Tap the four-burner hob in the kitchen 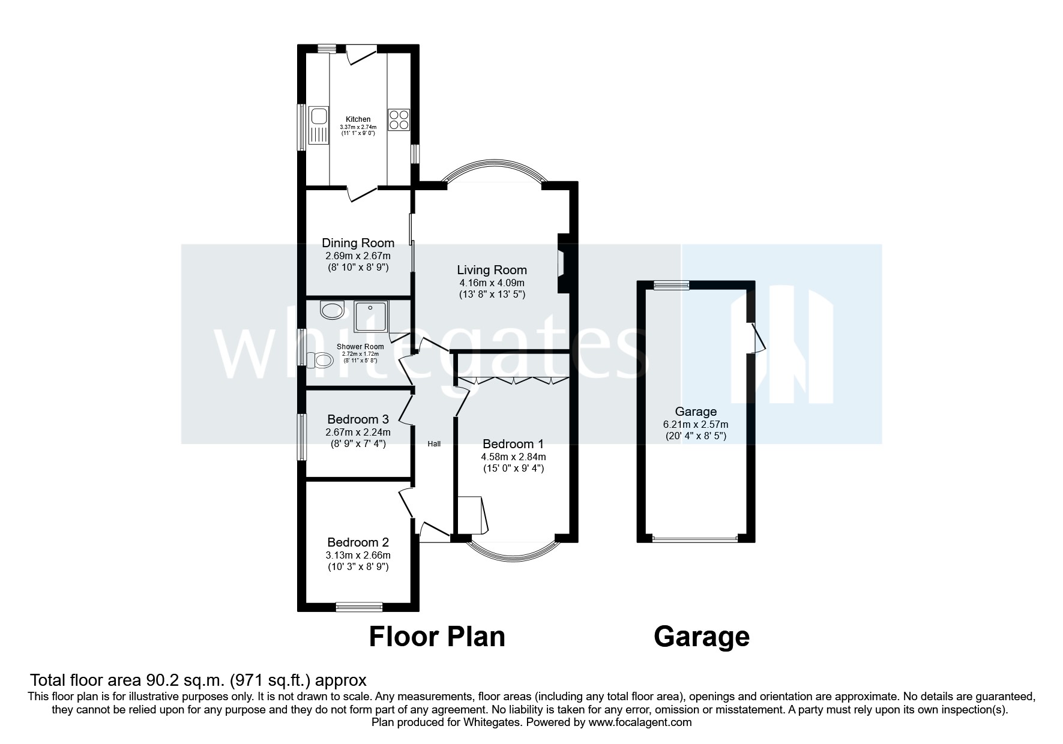coord(399,119)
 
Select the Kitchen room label coord(358,119)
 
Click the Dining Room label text coord(358,243)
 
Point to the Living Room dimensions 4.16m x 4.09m coord(492,283)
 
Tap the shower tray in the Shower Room coord(371,317)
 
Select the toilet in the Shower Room coord(320,361)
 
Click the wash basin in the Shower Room coord(331,311)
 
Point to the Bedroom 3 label coord(358,419)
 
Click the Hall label coord(434,444)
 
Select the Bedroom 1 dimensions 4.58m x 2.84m coord(513,457)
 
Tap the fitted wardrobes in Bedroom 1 coord(513,380)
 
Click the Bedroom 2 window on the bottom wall coord(359,607)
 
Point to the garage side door coord(757,339)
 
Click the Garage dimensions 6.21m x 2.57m coord(696,424)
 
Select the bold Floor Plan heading coord(436,637)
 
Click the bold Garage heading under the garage coord(701,637)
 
